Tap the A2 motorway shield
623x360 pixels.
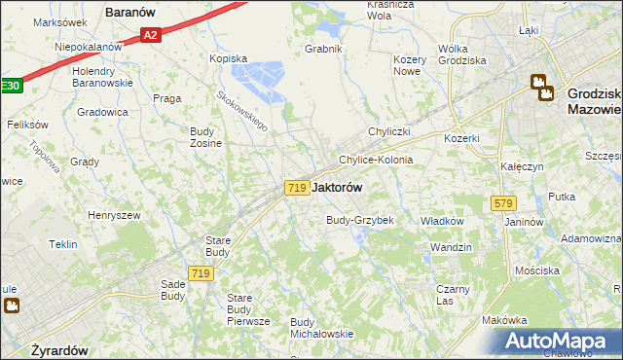click(x=149, y=36)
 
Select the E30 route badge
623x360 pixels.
click(x=9, y=87)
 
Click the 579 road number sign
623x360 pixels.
click(x=503, y=203)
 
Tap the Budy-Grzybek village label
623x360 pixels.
click(x=359, y=220)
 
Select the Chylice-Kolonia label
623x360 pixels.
click(x=375, y=160)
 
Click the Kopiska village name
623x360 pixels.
click(x=230, y=58)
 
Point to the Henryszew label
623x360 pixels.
click(x=114, y=215)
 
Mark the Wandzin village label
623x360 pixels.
click(x=451, y=247)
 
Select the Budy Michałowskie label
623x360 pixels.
click(x=321, y=328)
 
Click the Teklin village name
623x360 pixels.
click(x=63, y=244)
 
